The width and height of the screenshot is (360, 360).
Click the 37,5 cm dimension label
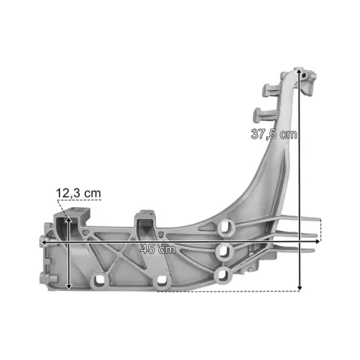(274, 134)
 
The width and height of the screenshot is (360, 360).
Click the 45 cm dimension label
(158, 249)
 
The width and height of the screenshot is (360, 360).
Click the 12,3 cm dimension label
(79, 193)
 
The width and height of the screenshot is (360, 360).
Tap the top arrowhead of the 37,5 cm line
(299, 71)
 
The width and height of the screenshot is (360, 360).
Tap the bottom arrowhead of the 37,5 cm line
(299, 288)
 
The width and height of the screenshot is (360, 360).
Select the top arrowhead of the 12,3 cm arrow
(68, 220)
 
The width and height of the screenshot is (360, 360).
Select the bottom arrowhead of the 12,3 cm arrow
(68, 286)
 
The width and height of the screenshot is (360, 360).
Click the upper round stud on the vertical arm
(268, 91)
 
